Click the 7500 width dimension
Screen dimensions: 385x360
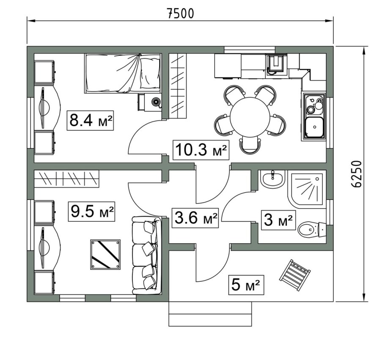[181, 14]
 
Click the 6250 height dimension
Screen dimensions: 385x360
[356, 174]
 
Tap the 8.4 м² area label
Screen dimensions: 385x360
[91, 121]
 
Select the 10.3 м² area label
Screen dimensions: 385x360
[201, 150]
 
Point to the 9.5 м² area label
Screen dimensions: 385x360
[91, 211]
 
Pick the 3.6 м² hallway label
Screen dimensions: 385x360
[195, 218]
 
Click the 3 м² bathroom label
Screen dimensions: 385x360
[278, 220]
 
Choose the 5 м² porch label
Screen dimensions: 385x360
[246, 285]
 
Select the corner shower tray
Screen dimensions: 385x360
[307, 190]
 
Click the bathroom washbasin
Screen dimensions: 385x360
[272, 179]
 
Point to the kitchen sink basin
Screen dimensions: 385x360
[314, 127]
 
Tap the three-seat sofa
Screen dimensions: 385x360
[146, 256]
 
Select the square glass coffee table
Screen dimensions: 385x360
[106, 255]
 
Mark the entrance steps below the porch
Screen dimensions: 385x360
[210, 314]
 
